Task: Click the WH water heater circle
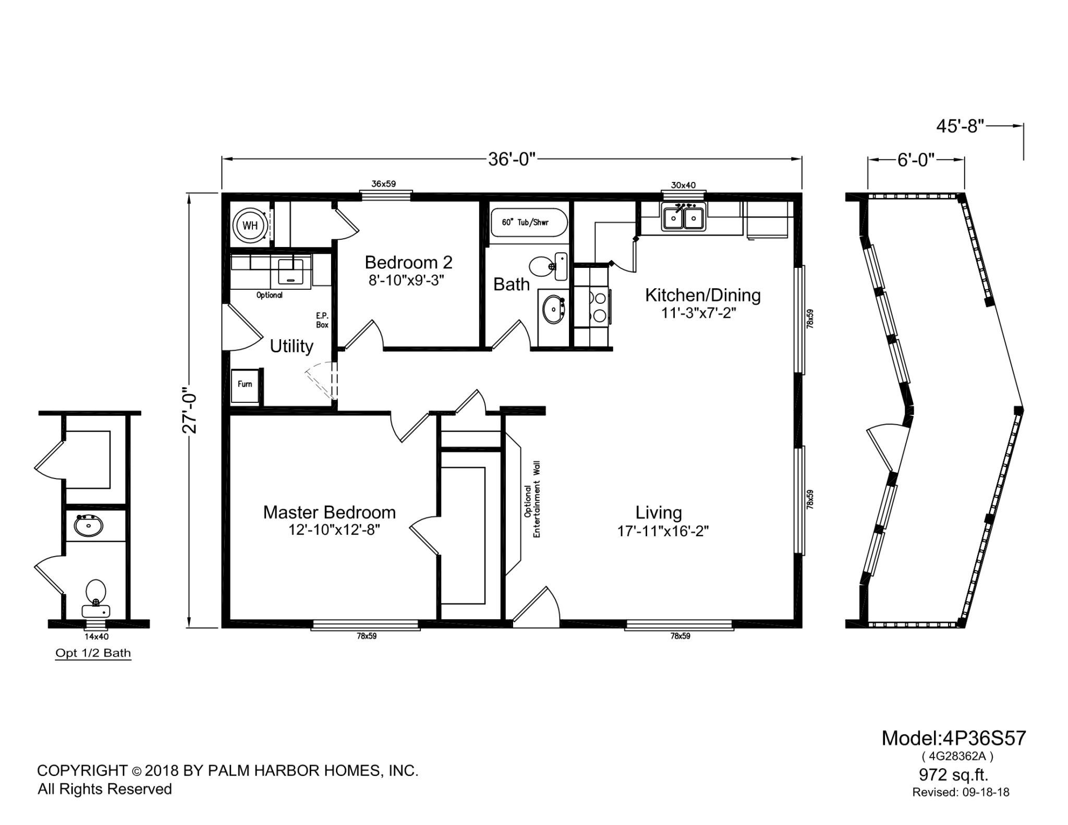250,226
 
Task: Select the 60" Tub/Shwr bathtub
529,224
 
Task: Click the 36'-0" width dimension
512,159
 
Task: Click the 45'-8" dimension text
960,126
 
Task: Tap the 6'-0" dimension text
916,159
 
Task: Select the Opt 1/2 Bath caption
93,653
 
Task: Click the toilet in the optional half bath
95,599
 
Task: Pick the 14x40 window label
96,636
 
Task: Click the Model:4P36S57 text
954,738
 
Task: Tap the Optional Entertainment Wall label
532,499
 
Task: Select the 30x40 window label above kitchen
683,185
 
